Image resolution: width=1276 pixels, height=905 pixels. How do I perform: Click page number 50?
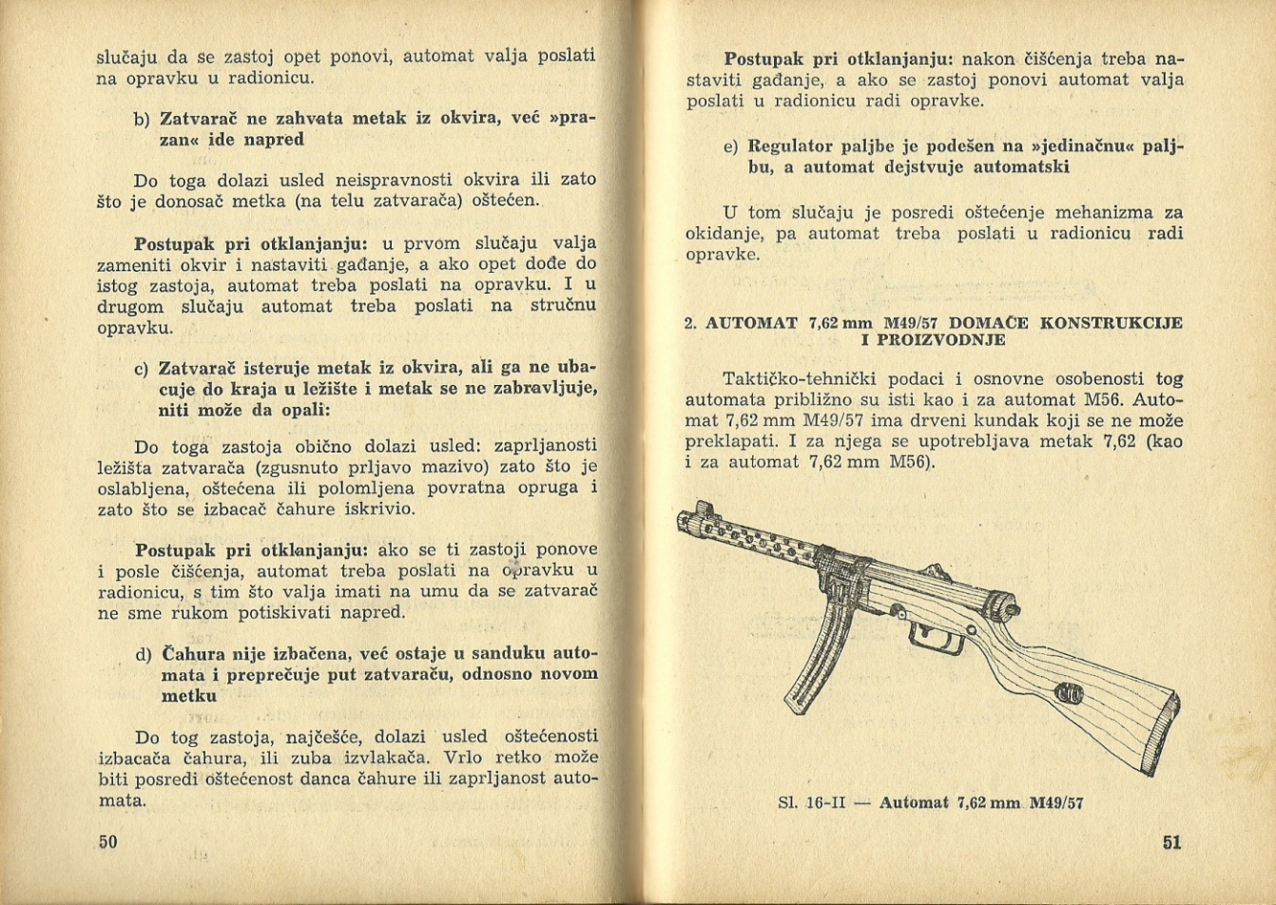point(106,841)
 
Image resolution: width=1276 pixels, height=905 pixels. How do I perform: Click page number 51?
point(1171,842)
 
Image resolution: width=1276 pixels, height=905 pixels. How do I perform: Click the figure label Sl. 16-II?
point(811,802)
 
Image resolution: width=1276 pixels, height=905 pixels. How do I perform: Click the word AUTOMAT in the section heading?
point(750,323)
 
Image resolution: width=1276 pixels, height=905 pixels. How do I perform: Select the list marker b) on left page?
point(142,120)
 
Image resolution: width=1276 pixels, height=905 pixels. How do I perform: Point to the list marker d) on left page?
point(144,655)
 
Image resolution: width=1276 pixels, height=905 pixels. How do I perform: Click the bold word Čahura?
point(194,654)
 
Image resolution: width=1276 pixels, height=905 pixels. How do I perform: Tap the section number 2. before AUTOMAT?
point(691,323)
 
